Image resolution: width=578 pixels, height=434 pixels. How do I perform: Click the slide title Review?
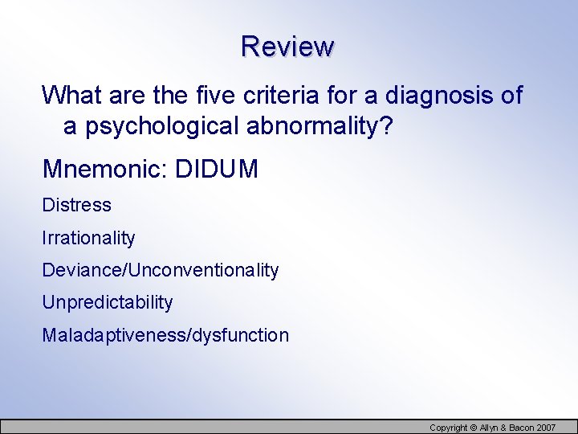(287, 46)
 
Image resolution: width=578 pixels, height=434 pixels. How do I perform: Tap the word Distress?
(77, 205)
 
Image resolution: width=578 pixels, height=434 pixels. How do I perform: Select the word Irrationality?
(88, 238)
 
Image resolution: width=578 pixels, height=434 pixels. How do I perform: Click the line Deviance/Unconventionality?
(161, 270)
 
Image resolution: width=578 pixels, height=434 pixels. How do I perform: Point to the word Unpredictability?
(108, 302)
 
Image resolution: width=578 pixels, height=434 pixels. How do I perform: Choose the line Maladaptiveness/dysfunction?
(165, 335)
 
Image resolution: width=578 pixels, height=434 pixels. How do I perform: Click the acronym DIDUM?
(217, 169)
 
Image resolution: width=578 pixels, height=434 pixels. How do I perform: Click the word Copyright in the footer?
(449, 428)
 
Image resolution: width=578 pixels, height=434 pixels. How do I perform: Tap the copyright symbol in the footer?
(474, 428)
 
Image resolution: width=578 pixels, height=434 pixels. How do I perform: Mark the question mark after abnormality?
(387, 126)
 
